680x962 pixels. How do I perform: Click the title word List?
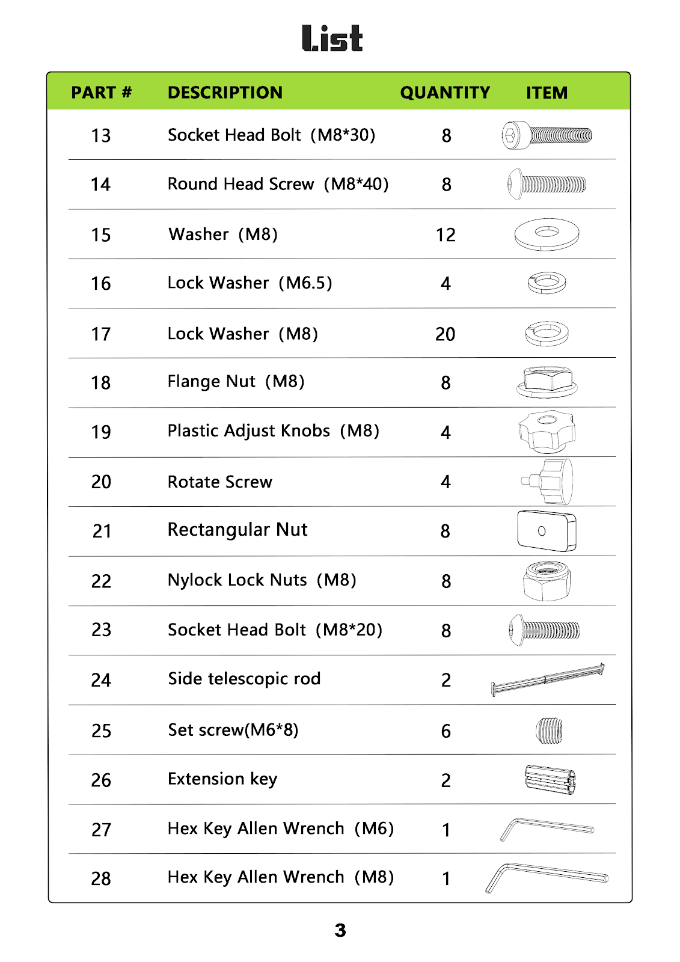(332, 38)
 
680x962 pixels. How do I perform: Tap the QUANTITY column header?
(445, 93)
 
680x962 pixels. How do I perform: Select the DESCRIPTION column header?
(225, 93)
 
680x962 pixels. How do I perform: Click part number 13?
(101, 136)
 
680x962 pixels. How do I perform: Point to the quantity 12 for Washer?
(446, 235)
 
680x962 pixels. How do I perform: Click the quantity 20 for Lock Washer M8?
(445, 334)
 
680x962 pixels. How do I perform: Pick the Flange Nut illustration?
(547, 382)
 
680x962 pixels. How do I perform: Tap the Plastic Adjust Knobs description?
(273, 431)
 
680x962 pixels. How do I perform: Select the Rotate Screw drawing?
(548, 481)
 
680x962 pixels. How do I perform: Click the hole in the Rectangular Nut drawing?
(542, 531)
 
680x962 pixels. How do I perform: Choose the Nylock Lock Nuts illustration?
(547, 581)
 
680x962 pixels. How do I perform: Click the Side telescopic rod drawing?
(548, 679)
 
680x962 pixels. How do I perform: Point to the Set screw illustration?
(549, 731)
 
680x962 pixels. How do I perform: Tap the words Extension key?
(222, 779)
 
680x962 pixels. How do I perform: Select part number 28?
(101, 879)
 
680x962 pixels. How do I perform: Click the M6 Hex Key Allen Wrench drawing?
(546, 829)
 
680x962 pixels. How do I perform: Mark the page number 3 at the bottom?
(340, 931)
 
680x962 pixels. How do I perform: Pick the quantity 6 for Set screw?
(446, 731)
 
